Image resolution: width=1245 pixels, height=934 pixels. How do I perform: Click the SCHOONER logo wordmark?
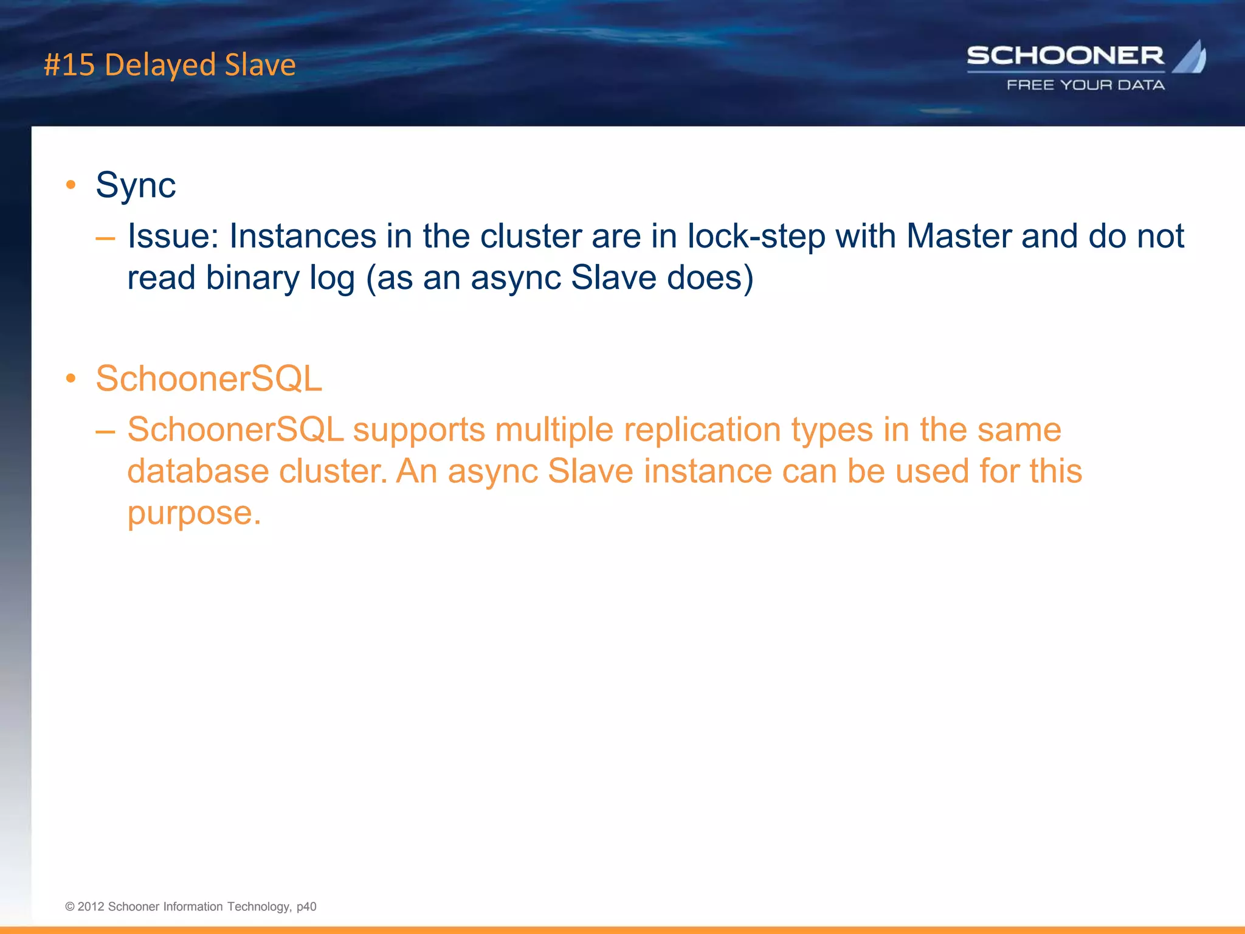(1065, 56)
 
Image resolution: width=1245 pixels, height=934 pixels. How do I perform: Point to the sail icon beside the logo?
(1190, 57)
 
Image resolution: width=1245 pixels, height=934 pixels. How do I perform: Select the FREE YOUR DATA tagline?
(1086, 85)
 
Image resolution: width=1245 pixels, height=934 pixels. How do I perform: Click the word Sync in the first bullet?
(136, 185)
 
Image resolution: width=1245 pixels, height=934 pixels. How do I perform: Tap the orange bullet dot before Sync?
(71, 184)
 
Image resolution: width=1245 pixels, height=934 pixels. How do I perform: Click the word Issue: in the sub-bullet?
(173, 236)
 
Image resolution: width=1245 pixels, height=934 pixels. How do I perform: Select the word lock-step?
(756, 236)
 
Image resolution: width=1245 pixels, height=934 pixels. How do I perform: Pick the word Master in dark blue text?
(959, 236)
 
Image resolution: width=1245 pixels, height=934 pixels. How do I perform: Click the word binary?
(252, 278)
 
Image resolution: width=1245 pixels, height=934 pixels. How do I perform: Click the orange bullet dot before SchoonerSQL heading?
(71, 378)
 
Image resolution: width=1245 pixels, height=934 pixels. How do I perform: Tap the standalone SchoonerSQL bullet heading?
(209, 379)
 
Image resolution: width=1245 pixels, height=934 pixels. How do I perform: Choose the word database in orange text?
(198, 471)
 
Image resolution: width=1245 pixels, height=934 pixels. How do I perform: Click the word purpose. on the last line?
(194, 513)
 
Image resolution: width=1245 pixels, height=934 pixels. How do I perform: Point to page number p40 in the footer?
(306, 907)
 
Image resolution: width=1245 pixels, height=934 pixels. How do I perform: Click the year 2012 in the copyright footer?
(91, 907)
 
